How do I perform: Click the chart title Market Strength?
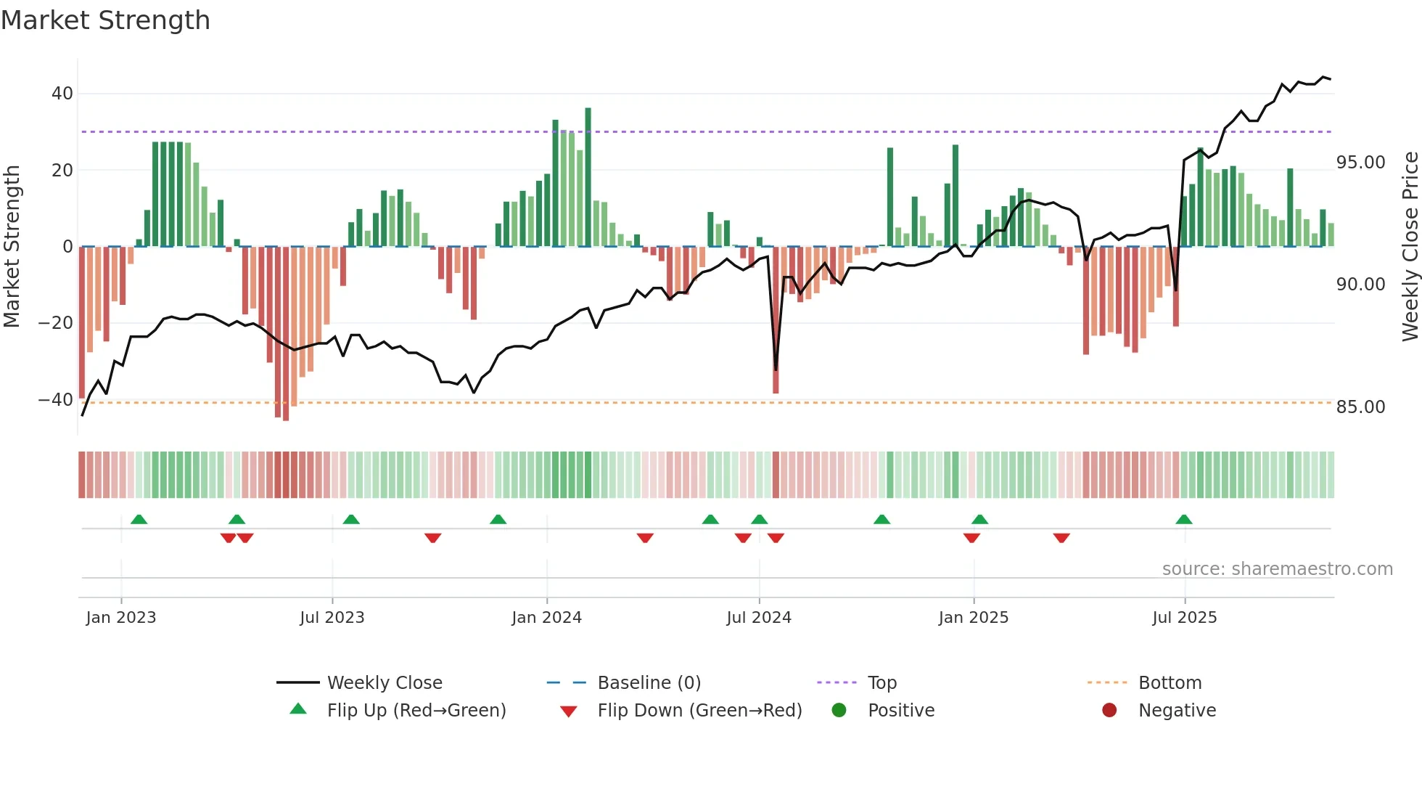point(105,20)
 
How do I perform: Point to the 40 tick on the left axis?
point(62,94)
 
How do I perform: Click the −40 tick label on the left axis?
point(56,399)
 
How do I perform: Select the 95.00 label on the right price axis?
point(1360,163)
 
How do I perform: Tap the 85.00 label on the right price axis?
point(1360,407)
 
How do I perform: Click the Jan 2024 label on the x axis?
point(546,618)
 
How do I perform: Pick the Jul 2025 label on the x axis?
point(1184,618)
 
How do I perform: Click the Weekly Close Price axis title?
point(1410,247)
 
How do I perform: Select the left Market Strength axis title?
point(12,247)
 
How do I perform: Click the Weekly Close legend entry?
point(384,683)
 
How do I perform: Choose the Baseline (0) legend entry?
point(649,683)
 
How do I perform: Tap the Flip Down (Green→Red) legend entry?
point(699,711)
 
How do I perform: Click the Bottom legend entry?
point(1170,683)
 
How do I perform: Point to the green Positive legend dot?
point(839,711)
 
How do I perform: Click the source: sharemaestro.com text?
point(1277,569)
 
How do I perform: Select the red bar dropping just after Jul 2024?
point(776,319)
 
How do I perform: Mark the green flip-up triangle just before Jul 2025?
point(1183,520)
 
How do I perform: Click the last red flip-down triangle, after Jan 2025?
point(1061,538)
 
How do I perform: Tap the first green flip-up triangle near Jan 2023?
point(139,520)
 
